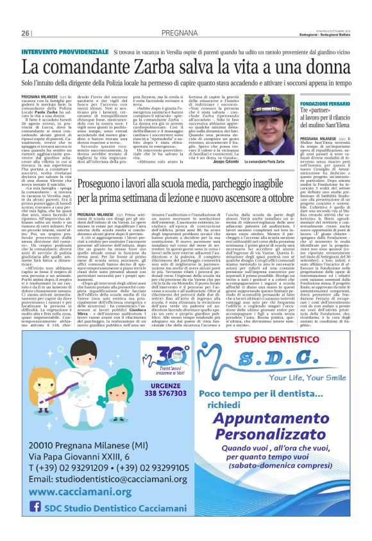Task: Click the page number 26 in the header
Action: point(26,33)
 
